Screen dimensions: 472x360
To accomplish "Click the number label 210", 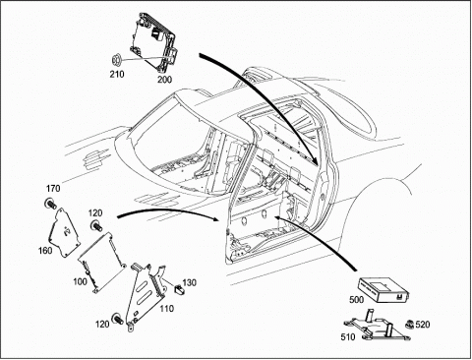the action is pyautogui.click(x=117, y=75).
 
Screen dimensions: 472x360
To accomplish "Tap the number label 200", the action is pyautogui.click(x=164, y=80).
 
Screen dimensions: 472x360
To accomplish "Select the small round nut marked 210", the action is pyautogui.click(x=116, y=60).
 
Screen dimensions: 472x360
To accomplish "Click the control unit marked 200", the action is pyautogui.click(x=154, y=41).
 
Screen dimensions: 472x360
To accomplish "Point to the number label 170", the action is pyautogui.click(x=53, y=189).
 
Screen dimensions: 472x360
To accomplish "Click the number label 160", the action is pyautogui.click(x=45, y=251).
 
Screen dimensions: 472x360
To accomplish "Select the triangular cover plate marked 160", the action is pyautogui.click(x=65, y=233).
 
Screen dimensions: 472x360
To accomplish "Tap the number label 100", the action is pyautogui.click(x=80, y=282).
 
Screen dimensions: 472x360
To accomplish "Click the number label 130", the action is pyautogui.click(x=189, y=282).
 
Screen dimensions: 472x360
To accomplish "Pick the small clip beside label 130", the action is pyautogui.click(x=178, y=289).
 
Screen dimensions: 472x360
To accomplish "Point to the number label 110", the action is pyautogui.click(x=167, y=309).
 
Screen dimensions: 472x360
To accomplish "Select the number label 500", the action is pyautogui.click(x=356, y=300).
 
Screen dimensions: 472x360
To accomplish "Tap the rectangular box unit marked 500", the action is pyautogui.click(x=383, y=290).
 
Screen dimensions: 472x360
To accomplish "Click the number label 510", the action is pyautogui.click(x=348, y=337).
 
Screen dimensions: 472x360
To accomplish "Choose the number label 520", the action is pyautogui.click(x=423, y=325).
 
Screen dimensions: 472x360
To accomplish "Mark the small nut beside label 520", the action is pyautogui.click(x=409, y=325).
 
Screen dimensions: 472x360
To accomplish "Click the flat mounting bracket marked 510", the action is pyautogui.click(x=377, y=328).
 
